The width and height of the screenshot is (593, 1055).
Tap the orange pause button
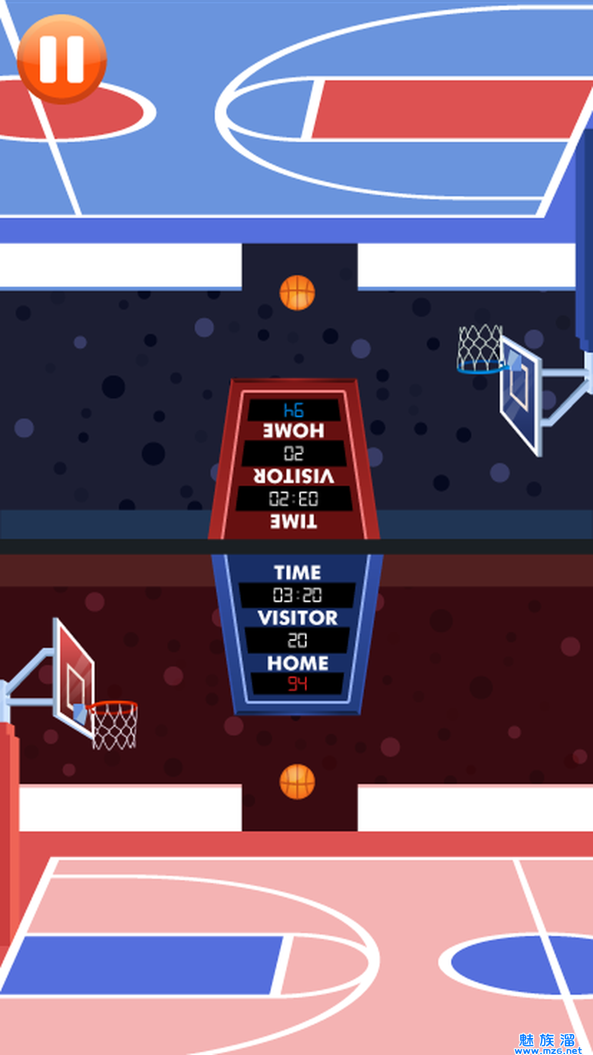coord(61,59)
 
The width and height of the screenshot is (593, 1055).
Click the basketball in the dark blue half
coord(297,292)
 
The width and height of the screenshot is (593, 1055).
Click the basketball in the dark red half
coord(297,781)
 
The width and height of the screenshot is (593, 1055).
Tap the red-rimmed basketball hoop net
coord(114,726)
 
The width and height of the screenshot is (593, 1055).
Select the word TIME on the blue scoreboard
coord(298,573)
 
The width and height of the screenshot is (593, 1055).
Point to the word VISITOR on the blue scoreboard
coord(298,618)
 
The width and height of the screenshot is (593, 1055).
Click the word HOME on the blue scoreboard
coord(298,663)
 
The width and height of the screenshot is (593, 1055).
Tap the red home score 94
coord(298,684)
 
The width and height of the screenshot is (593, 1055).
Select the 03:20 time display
coord(298,595)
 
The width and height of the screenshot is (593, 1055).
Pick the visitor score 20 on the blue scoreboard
coord(298,640)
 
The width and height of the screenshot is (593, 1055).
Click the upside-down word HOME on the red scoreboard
coord(294,431)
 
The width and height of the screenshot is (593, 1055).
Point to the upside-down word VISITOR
coord(294,476)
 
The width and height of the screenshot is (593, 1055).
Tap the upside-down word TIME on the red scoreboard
coord(294,521)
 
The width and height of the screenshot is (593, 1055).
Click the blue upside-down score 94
coord(294,410)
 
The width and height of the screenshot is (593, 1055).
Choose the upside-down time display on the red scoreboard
coord(294,499)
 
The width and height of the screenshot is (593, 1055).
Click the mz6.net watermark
coord(547,1045)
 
